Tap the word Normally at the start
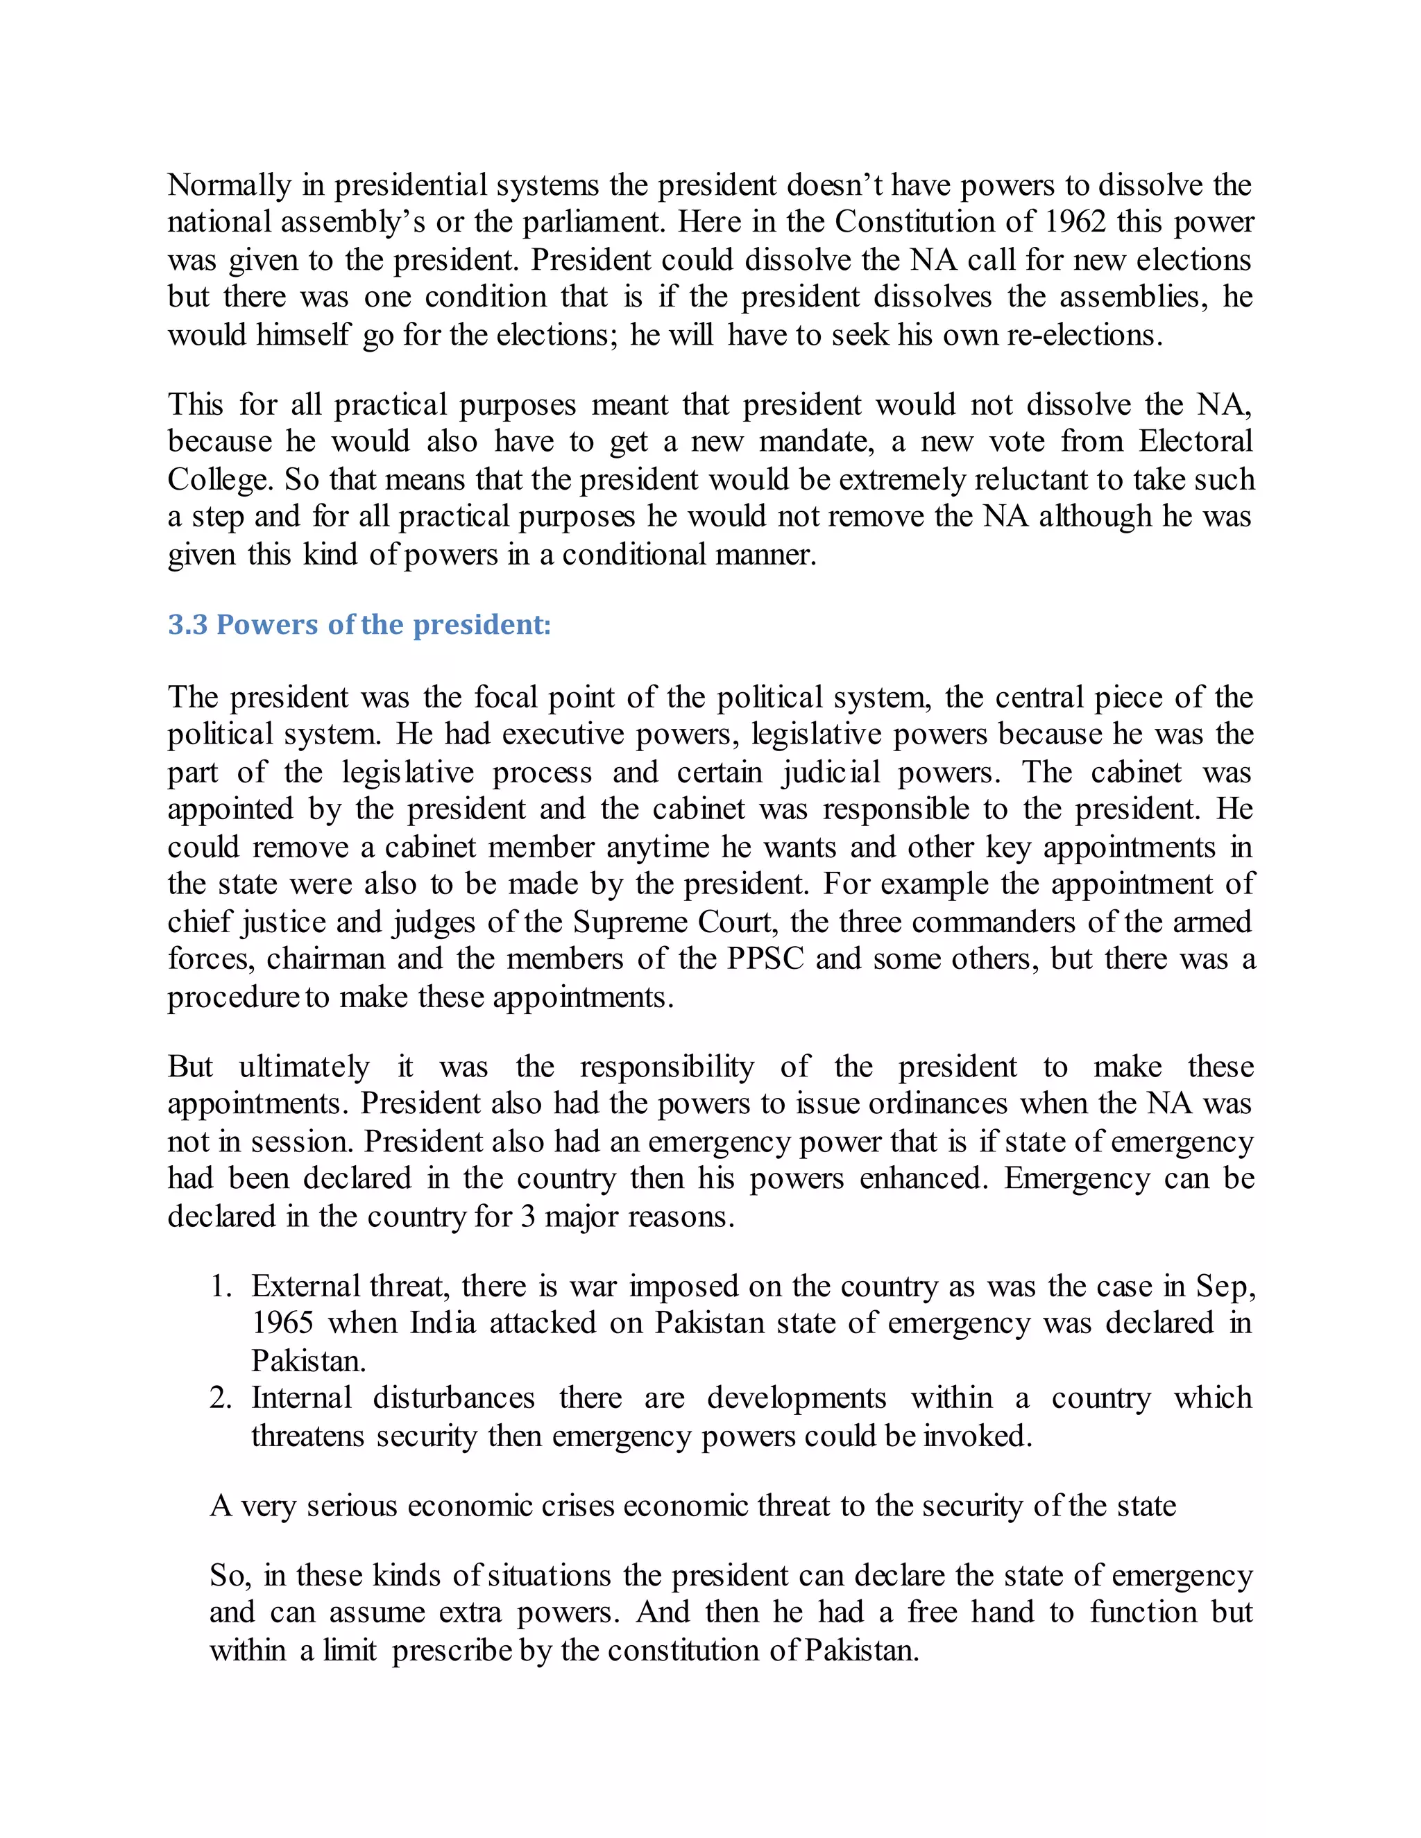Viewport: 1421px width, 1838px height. coord(229,185)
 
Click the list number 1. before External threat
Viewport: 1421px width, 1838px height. coord(221,1287)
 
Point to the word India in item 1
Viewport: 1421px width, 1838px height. coord(443,1324)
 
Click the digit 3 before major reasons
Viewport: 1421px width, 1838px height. coord(528,1217)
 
